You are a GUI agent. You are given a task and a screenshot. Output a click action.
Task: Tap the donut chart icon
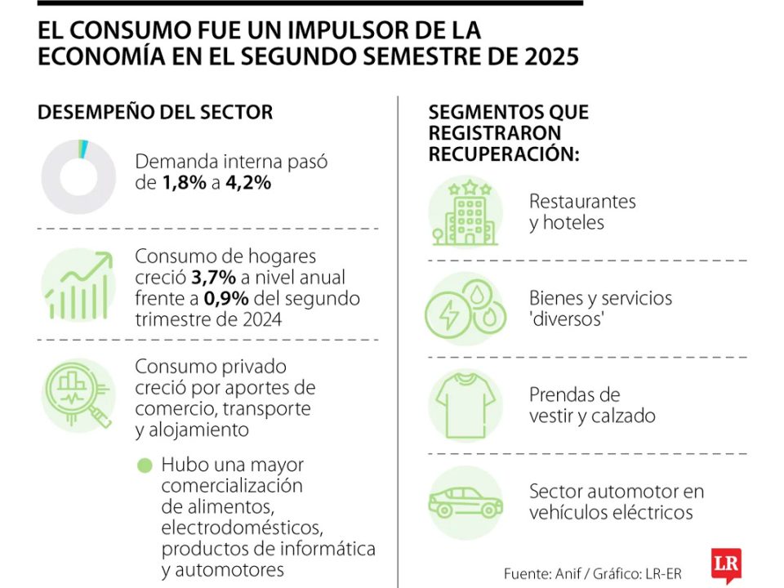(x=78, y=177)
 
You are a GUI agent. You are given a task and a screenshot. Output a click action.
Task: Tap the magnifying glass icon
(x=79, y=395)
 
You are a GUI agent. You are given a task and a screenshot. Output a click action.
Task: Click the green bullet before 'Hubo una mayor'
(x=145, y=465)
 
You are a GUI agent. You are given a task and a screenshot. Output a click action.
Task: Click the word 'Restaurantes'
(x=582, y=201)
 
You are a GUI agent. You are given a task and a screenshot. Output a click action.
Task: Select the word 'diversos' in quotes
(x=567, y=318)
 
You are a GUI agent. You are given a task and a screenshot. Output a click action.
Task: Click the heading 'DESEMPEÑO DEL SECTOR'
(x=155, y=113)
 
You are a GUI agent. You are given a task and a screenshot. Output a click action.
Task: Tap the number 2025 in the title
(x=550, y=58)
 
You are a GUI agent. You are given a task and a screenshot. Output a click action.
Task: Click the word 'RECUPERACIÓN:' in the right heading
(x=504, y=154)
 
